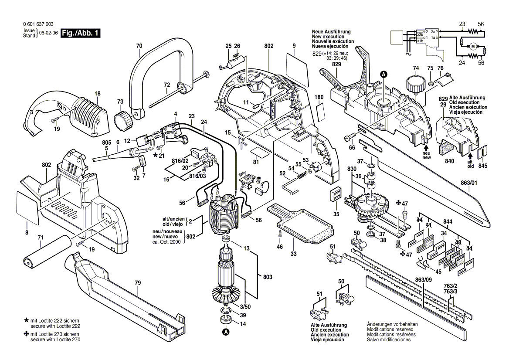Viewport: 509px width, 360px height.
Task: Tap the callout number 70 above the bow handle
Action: [139, 46]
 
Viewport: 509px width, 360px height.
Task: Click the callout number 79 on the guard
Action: [138, 283]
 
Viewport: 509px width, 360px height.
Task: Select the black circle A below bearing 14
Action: [226, 333]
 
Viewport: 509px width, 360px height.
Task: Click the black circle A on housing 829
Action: [383, 75]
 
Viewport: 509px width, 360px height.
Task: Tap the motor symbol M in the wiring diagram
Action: [472, 46]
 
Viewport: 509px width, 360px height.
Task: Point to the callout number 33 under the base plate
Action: [294, 253]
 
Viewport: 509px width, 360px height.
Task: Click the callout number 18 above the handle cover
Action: [98, 94]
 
